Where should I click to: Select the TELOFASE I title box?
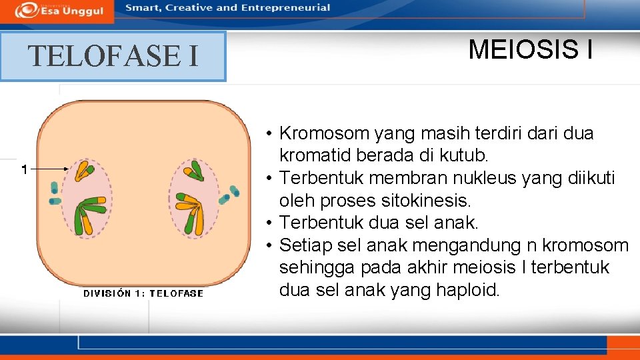pyautogui.click(x=113, y=56)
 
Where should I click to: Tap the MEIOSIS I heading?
pyautogui.click(x=530, y=49)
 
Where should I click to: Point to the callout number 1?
pyautogui.click(x=24, y=169)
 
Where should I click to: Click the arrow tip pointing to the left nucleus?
pyautogui.click(x=67, y=169)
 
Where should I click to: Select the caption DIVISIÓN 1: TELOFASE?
pyautogui.click(x=143, y=293)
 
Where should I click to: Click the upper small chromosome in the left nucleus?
pyautogui.click(x=84, y=171)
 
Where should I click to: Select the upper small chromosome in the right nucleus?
pyautogui.click(x=193, y=171)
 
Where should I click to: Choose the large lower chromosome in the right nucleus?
pyautogui.click(x=189, y=212)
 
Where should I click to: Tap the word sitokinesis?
pyautogui.click(x=434, y=201)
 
